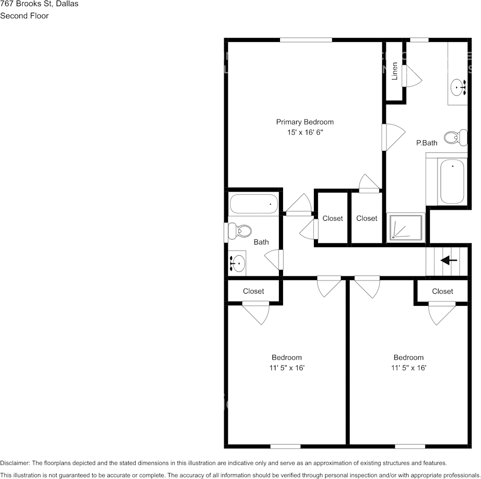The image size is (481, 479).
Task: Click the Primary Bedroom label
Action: coord(304,122)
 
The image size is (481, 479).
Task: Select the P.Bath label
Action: coord(426,143)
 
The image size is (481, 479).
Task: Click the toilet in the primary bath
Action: coord(455,137)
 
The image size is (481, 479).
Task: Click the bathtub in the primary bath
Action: coord(452,181)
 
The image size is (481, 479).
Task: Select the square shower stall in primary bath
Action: coord(406,227)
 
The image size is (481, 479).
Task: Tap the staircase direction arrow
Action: coord(449,260)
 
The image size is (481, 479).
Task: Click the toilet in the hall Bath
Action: coord(239,232)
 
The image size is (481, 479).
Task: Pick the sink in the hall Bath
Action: coord(237,263)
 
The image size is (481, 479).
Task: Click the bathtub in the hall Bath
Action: coord(254,204)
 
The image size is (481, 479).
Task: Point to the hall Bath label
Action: coord(261,242)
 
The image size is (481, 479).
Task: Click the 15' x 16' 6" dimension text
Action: coord(304,133)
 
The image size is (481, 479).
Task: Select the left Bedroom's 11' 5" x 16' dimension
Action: coord(287,368)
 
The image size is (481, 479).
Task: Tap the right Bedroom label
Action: coord(408,357)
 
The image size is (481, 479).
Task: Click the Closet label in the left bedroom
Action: coord(253,291)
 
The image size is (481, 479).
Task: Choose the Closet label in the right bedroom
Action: coord(443,291)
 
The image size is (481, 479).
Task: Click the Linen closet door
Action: coord(411,75)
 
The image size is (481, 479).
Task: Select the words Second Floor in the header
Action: coord(24,16)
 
